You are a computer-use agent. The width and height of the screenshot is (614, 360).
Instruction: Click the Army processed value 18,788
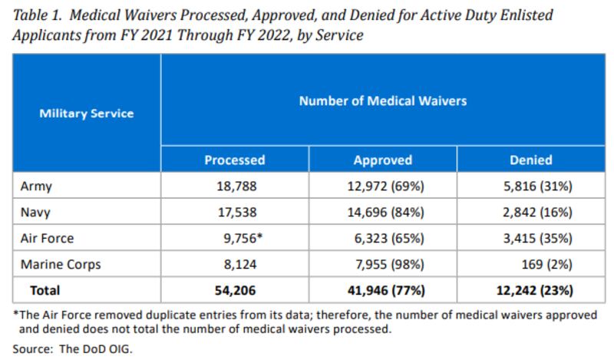(x=235, y=186)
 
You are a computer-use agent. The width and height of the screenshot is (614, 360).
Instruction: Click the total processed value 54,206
(x=235, y=291)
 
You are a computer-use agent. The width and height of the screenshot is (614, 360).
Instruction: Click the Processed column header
(x=235, y=160)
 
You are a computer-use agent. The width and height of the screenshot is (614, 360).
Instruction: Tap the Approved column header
(x=382, y=160)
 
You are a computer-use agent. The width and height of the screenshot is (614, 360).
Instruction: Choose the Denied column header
(x=530, y=160)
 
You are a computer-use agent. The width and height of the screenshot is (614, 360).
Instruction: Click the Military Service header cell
(x=86, y=114)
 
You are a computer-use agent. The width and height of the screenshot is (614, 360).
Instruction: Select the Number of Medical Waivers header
(x=382, y=101)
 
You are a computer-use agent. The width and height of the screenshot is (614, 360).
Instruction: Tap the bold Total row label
(x=45, y=291)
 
